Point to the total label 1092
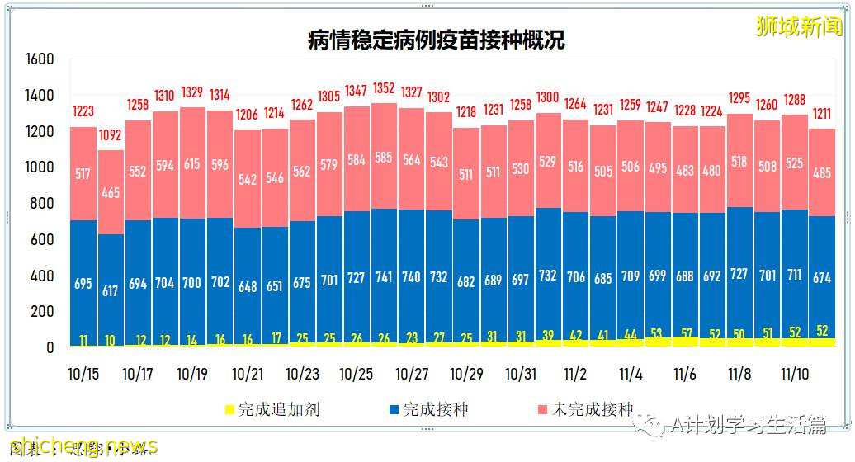pyautogui.click(x=110, y=134)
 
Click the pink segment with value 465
pyautogui.click(x=110, y=194)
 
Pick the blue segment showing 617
pyautogui.click(x=110, y=291)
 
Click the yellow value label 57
pyautogui.click(x=685, y=333)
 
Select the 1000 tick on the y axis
pyautogui.click(x=39, y=167)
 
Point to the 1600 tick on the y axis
pyautogui.click(x=39, y=59)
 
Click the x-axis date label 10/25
pyautogui.click(x=357, y=374)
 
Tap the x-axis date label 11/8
pyautogui.click(x=739, y=374)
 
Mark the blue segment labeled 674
pyautogui.click(x=822, y=278)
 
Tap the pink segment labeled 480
pyautogui.click(x=712, y=171)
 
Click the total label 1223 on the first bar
pyautogui.click(x=83, y=111)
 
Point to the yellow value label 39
pyautogui.click(x=548, y=335)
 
